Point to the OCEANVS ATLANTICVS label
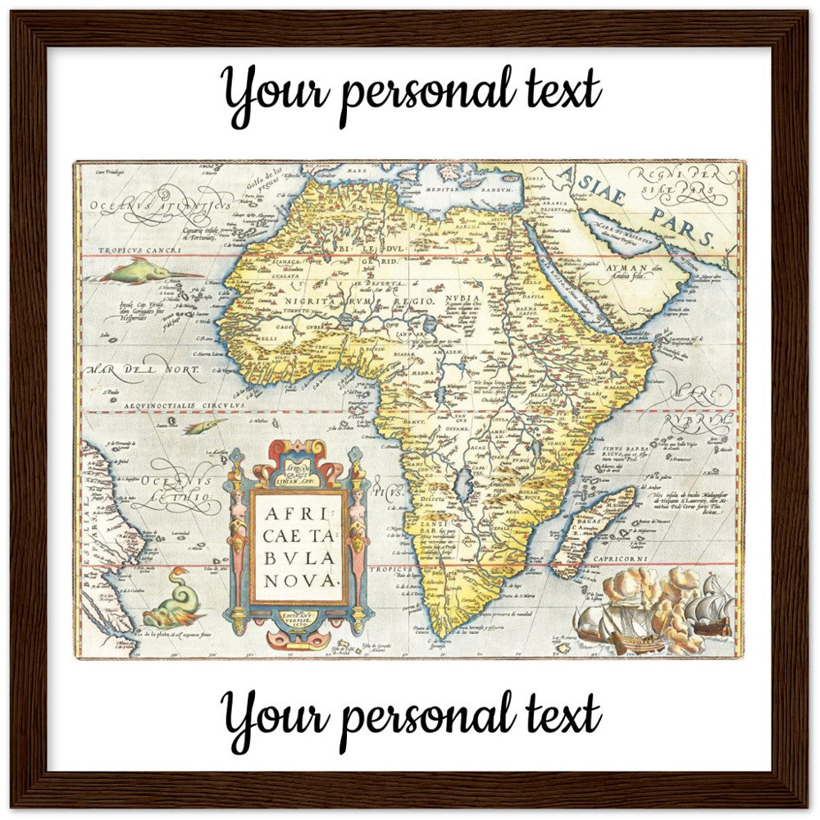click(160, 203)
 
